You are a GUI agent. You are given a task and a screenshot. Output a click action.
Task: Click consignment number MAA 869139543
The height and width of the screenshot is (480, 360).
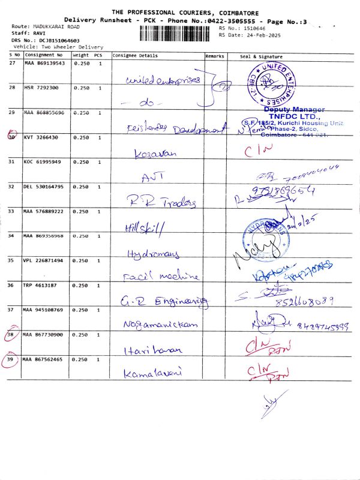click(x=44, y=63)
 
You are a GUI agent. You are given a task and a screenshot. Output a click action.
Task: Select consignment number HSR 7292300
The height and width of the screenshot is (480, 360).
click(x=41, y=88)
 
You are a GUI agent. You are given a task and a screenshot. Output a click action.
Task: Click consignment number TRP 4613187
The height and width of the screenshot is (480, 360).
click(x=40, y=285)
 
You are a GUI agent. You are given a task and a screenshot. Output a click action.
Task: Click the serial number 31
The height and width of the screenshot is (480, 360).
click(x=12, y=162)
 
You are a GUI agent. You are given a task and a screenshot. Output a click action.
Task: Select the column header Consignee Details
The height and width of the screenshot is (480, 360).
click(x=135, y=56)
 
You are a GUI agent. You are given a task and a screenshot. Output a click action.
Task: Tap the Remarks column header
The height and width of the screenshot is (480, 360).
click(x=214, y=56)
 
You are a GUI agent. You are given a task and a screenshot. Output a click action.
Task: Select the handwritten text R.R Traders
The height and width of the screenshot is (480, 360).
click(x=161, y=202)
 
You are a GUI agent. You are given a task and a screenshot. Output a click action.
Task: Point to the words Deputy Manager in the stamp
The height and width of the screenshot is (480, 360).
click(x=294, y=109)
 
